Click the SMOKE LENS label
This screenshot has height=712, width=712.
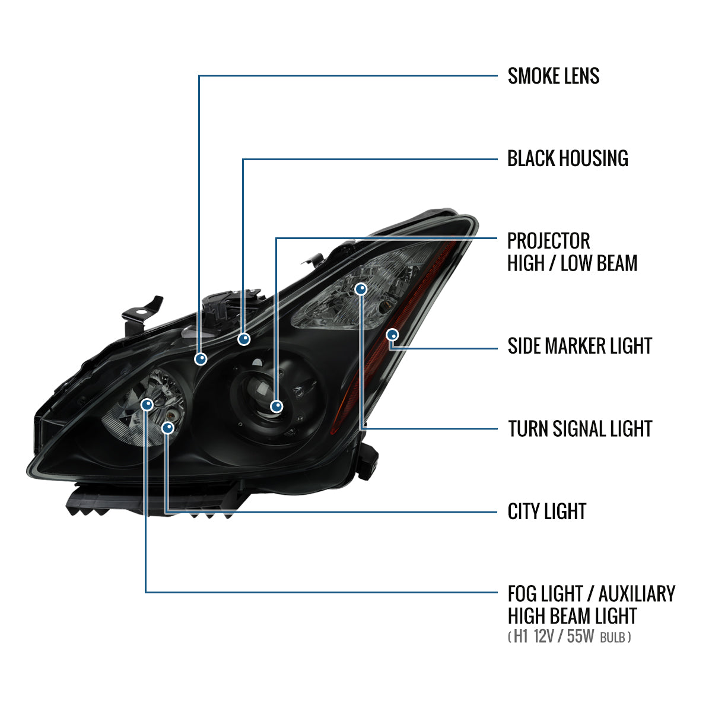(x=553, y=76)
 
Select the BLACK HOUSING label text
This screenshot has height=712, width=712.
(x=567, y=158)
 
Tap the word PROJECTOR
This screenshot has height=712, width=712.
(x=548, y=241)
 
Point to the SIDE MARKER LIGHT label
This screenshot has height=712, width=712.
(x=580, y=346)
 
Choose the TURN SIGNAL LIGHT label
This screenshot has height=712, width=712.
(x=580, y=428)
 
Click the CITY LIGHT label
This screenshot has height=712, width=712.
(x=546, y=511)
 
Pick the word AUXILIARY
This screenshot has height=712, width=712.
(x=637, y=593)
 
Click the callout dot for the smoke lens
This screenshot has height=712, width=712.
(x=201, y=358)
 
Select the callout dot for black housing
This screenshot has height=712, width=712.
(x=244, y=339)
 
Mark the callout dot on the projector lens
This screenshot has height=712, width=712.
(x=276, y=406)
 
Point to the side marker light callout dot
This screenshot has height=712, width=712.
(x=392, y=335)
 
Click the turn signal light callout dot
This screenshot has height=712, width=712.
(x=361, y=289)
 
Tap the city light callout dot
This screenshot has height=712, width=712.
(x=169, y=427)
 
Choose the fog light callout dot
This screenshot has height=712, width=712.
(x=147, y=405)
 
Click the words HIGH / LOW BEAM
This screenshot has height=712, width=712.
(x=572, y=263)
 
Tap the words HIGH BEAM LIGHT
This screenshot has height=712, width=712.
(x=572, y=616)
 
